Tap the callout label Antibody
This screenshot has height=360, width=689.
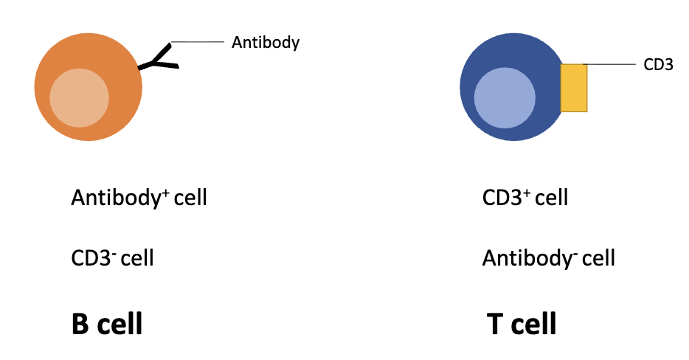click(x=266, y=43)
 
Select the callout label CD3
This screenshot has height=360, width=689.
click(x=658, y=65)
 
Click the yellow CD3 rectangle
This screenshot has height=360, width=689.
click(x=574, y=88)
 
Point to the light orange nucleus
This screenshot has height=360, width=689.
click(x=79, y=97)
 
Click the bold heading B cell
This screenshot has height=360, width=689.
click(x=107, y=324)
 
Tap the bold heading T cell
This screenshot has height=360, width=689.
click(x=522, y=324)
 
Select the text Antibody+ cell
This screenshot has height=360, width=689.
click(x=139, y=198)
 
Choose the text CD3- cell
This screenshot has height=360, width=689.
click(x=112, y=259)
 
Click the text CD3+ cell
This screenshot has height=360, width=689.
click(x=524, y=198)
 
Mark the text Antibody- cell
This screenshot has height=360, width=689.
click(x=548, y=259)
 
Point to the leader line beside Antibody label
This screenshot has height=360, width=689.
click(x=198, y=42)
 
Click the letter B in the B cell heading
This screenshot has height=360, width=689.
click(x=80, y=324)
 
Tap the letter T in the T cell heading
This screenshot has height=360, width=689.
click(x=495, y=324)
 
